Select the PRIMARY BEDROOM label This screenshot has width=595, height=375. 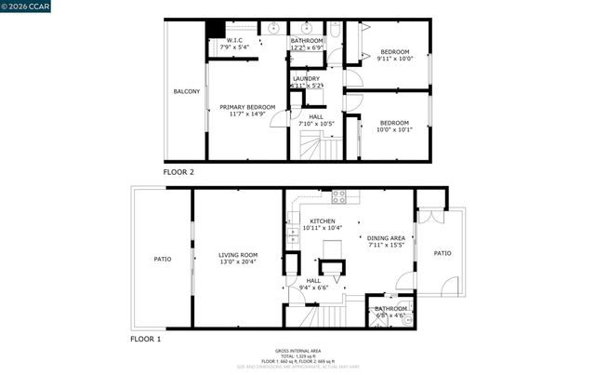coord(247,107)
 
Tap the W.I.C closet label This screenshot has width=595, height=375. coord(235,40)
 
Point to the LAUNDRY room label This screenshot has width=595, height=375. coord(306,79)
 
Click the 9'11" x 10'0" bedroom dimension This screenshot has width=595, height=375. coord(394,59)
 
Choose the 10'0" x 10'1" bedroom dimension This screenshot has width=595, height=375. coord(394,129)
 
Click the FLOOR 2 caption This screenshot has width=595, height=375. coord(178,172)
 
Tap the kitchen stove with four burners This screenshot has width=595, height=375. coord(339,196)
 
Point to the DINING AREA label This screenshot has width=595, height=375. coord(386,238)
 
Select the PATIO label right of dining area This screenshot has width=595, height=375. coord(443,253)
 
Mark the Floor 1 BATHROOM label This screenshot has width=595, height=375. coord(390,308)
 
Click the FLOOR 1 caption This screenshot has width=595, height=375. coord(146,340)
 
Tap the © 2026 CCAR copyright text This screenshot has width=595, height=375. coord(25,7)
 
